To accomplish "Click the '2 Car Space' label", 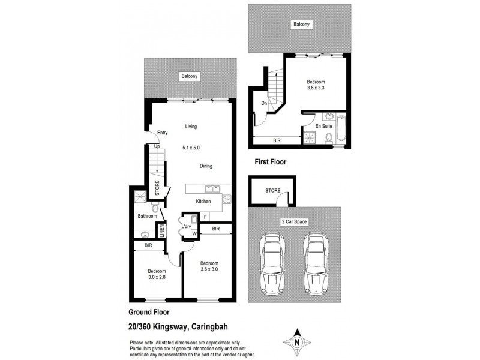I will tap(294, 221).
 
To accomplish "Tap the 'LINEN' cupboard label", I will tap(161, 230).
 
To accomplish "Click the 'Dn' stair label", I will tap(264, 103).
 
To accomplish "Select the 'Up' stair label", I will tap(157, 146).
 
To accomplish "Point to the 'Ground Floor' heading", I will tap(149, 312).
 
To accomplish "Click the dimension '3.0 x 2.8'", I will tap(157, 278).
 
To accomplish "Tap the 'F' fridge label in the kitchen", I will tap(205, 217).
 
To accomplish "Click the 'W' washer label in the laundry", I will tap(194, 232).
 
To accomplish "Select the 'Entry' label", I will tap(162, 133).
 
